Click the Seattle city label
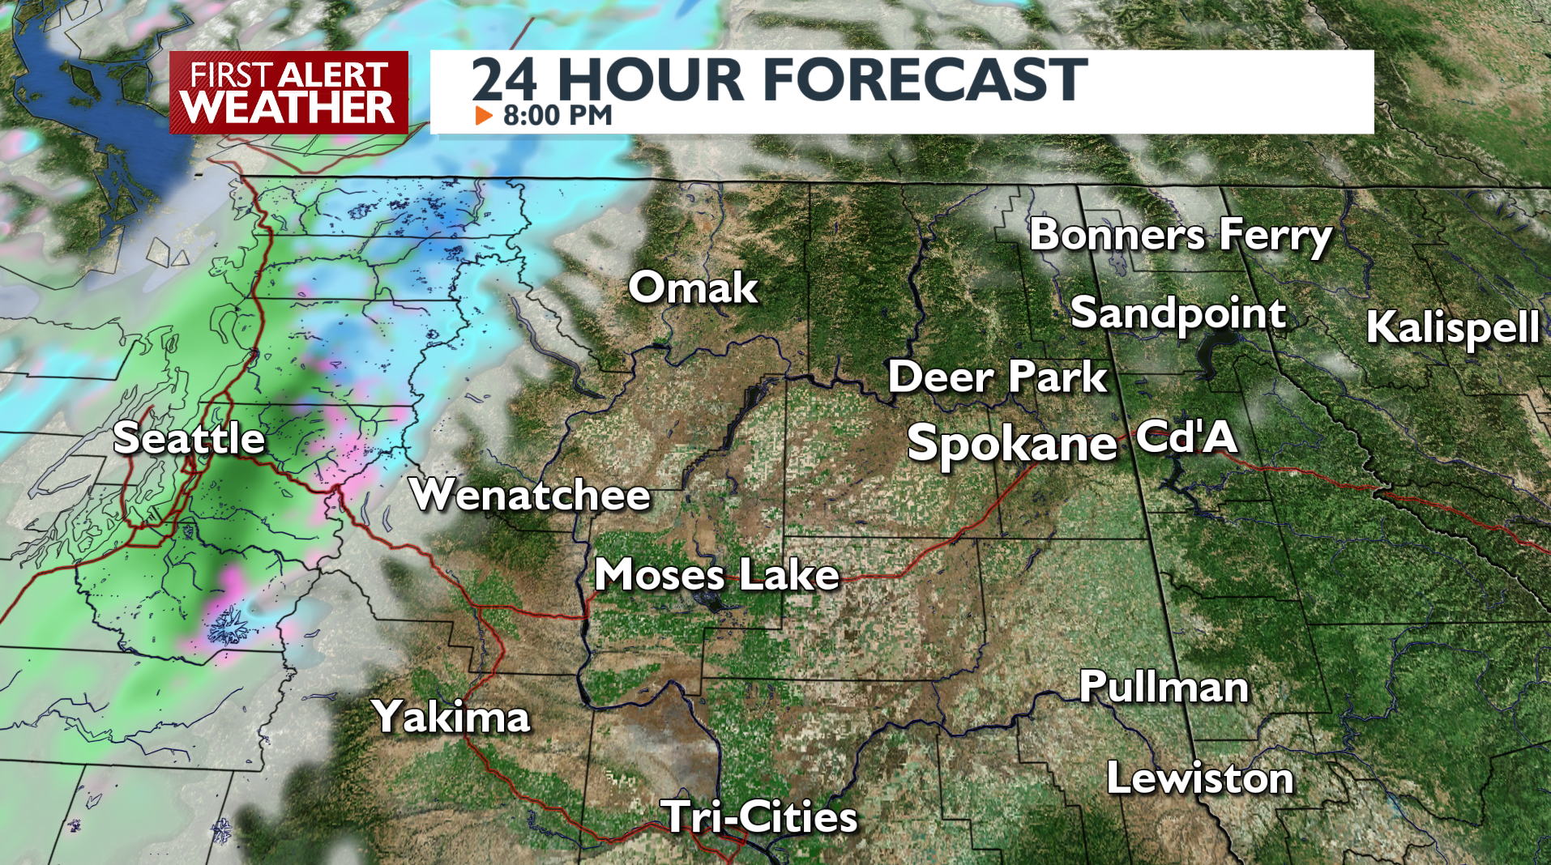(189, 439)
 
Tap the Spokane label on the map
(1012, 443)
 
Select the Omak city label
(693, 288)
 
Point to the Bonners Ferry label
(1180, 235)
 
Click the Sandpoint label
(1178, 313)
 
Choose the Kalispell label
(1452, 327)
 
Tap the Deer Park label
(998, 377)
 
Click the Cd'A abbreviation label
(1186, 437)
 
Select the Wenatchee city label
(530, 494)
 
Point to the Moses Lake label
(717, 575)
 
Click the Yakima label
(451, 717)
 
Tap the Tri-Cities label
(759, 816)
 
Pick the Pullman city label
(1164, 687)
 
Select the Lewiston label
(1200, 778)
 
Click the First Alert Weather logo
(288, 92)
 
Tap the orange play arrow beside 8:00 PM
(484, 116)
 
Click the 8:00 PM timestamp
(558, 116)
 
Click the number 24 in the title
(504, 79)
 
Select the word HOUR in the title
(651, 79)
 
